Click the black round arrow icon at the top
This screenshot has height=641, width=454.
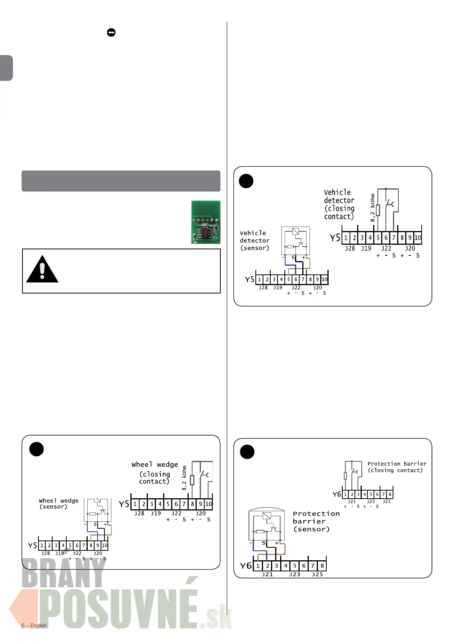point(111,33)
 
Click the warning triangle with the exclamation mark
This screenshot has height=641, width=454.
point(42,270)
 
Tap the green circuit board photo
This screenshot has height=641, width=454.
point(206,222)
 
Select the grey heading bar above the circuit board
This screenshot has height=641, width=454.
point(121,181)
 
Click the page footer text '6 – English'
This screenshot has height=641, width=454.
point(34,625)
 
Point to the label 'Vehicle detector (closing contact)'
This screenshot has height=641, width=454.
point(339,205)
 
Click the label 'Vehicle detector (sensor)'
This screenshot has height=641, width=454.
point(255,241)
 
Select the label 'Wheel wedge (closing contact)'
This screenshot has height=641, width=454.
point(155,473)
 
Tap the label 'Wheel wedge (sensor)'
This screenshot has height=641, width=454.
point(59,504)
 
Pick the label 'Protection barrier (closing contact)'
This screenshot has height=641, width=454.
point(396,467)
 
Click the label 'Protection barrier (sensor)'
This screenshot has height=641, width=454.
point(316,521)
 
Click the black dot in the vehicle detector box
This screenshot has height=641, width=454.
point(246,181)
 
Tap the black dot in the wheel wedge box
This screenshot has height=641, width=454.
point(37,449)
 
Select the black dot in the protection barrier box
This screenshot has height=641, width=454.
point(247,452)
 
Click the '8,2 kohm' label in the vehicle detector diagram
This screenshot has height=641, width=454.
point(372,208)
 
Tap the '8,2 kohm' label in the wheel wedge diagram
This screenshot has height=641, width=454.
point(184,478)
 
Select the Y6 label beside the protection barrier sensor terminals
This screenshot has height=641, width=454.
point(246,566)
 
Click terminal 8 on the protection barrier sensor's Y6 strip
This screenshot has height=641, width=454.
point(322,566)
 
